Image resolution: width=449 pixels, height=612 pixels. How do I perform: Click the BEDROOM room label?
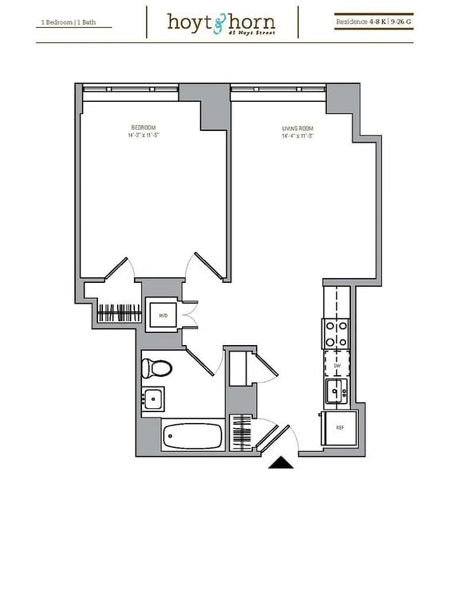pos(143,127)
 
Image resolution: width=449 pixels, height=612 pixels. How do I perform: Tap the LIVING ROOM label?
pos(296,129)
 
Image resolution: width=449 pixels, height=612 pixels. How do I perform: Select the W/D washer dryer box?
pos(163,315)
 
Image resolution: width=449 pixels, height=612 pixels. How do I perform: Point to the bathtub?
pos(192,436)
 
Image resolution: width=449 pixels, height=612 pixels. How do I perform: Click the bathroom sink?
pos(152,399)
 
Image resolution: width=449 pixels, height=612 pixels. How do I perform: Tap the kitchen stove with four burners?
pos(336,334)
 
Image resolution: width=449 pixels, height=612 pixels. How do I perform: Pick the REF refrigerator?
pos(339,427)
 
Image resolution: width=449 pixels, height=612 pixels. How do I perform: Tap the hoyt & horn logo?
pos(221,22)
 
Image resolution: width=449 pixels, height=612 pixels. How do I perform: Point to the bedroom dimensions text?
pos(144,135)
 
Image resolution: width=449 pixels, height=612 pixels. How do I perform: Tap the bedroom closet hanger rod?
pos(120,312)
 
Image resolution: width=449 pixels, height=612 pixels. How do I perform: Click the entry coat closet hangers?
pos(242,431)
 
